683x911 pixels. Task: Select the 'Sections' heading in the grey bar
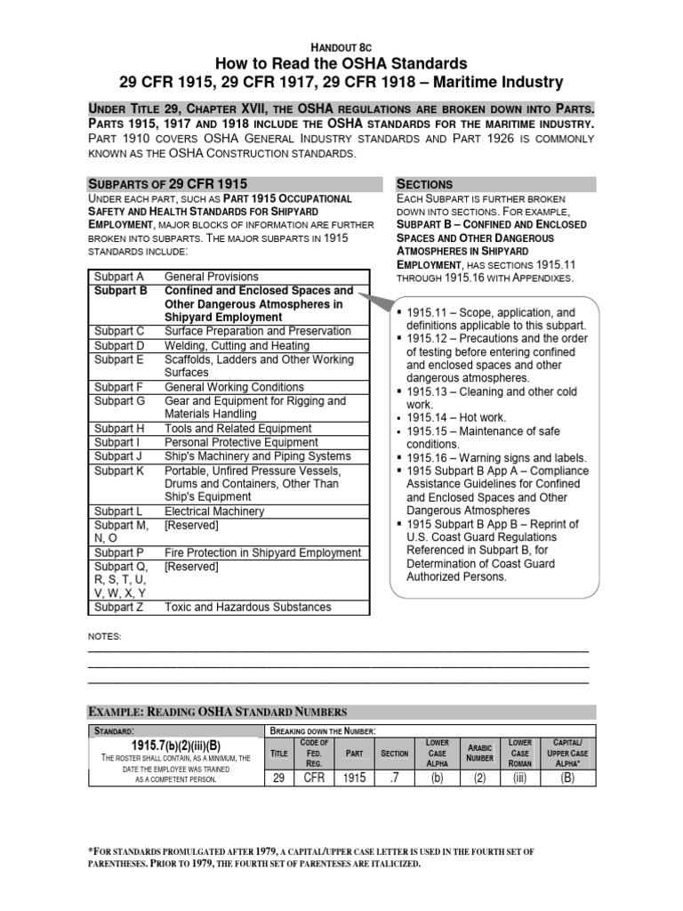[424, 183]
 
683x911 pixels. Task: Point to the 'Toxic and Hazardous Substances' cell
[248, 607]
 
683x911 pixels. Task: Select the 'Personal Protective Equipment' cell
[241, 442]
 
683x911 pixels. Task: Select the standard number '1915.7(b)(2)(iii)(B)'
[176, 745]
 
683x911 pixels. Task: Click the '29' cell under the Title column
[278, 778]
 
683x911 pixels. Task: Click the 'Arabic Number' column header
[480, 753]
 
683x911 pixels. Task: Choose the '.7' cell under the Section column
[394, 778]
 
